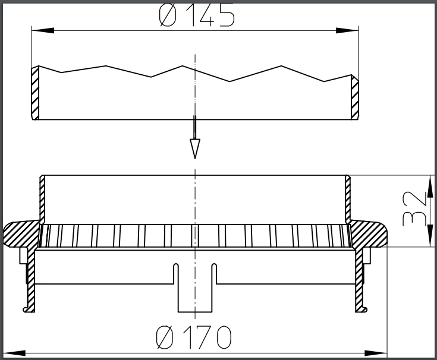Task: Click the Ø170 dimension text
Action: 194,338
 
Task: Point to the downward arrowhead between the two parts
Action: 194,148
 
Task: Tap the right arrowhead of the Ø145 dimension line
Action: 352,30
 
